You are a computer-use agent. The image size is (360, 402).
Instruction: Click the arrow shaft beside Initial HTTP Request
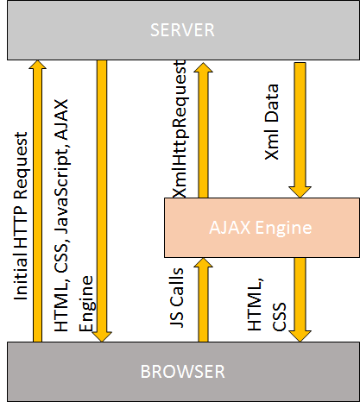coord(37,207)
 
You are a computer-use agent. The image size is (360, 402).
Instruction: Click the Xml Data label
coord(275,121)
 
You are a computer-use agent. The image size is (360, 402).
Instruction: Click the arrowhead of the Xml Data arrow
coord(301,189)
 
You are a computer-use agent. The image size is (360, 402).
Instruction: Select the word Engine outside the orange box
coord(85,307)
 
